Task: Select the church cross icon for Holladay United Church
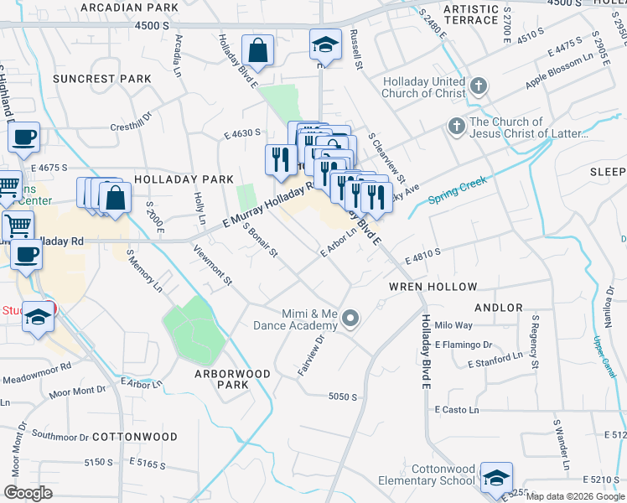478,86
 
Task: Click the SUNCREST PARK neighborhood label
101,79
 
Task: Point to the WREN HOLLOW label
432,286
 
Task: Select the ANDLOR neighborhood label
499,308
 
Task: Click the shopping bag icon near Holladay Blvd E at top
258,50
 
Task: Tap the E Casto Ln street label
457,409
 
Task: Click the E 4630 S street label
242,132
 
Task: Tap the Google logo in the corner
28,492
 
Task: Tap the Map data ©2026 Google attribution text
574,496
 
